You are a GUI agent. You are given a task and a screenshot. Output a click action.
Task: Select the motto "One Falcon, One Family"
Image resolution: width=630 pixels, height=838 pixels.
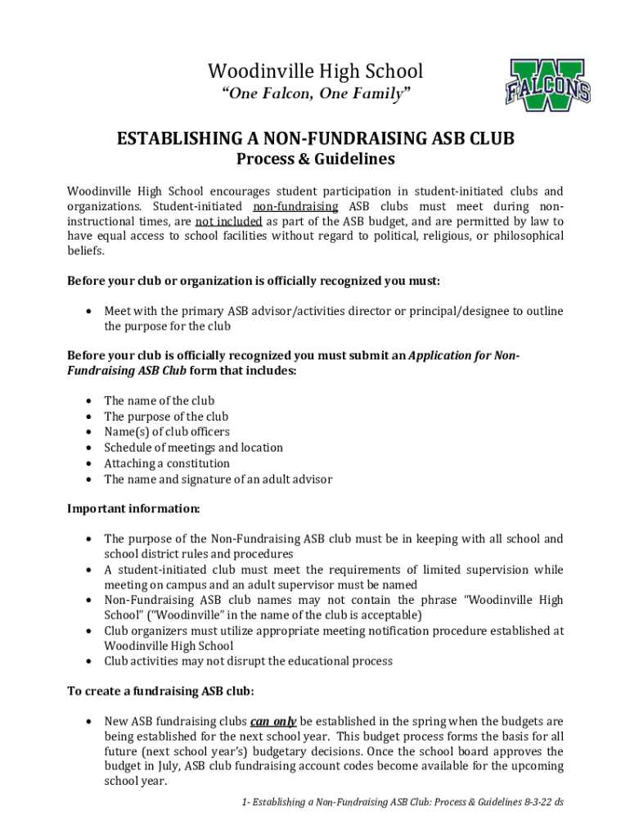click(x=315, y=95)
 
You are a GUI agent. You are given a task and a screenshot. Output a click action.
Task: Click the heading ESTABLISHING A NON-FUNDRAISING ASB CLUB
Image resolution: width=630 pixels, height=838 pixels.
click(x=315, y=138)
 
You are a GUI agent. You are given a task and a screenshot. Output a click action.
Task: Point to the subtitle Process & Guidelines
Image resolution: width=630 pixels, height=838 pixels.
click(x=315, y=159)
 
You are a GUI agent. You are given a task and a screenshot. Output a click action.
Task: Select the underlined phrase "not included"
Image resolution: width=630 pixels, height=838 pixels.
click(x=228, y=221)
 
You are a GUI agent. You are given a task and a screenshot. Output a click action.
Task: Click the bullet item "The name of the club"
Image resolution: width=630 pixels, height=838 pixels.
click(x=159, y=400)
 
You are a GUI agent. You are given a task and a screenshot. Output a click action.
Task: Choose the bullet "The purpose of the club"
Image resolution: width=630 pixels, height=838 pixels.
click(x=166, y=417)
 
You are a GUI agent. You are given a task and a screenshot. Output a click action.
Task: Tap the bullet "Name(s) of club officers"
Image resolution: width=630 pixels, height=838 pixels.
click(x=167, y=432)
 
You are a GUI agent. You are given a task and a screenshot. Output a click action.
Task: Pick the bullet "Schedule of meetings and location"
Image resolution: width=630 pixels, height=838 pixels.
click(x=193, y=448)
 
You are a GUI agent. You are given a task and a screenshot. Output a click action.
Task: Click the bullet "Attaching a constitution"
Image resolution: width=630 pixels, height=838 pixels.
click(x=167, y=463)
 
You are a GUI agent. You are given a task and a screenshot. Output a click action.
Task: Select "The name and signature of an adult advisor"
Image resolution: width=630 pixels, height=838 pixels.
click(x=218, y=480)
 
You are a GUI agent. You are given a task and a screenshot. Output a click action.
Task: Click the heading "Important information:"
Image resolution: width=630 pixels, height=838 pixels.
click(x=133, y=508)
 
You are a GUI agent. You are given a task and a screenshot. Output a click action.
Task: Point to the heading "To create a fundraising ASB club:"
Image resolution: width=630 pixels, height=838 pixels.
click(x=160, y=691)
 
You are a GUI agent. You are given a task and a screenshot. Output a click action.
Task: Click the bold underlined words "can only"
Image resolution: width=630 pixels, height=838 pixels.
click(x=273, y=722)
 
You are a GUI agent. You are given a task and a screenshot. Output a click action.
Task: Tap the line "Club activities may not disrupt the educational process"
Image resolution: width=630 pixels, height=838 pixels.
click(x=248, y=661)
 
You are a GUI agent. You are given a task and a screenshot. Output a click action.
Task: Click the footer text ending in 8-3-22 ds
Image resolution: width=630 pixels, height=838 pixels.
click(x=402, y=803)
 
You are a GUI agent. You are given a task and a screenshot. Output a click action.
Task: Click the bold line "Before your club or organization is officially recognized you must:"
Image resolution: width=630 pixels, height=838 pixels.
click(x=254, y=281)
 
